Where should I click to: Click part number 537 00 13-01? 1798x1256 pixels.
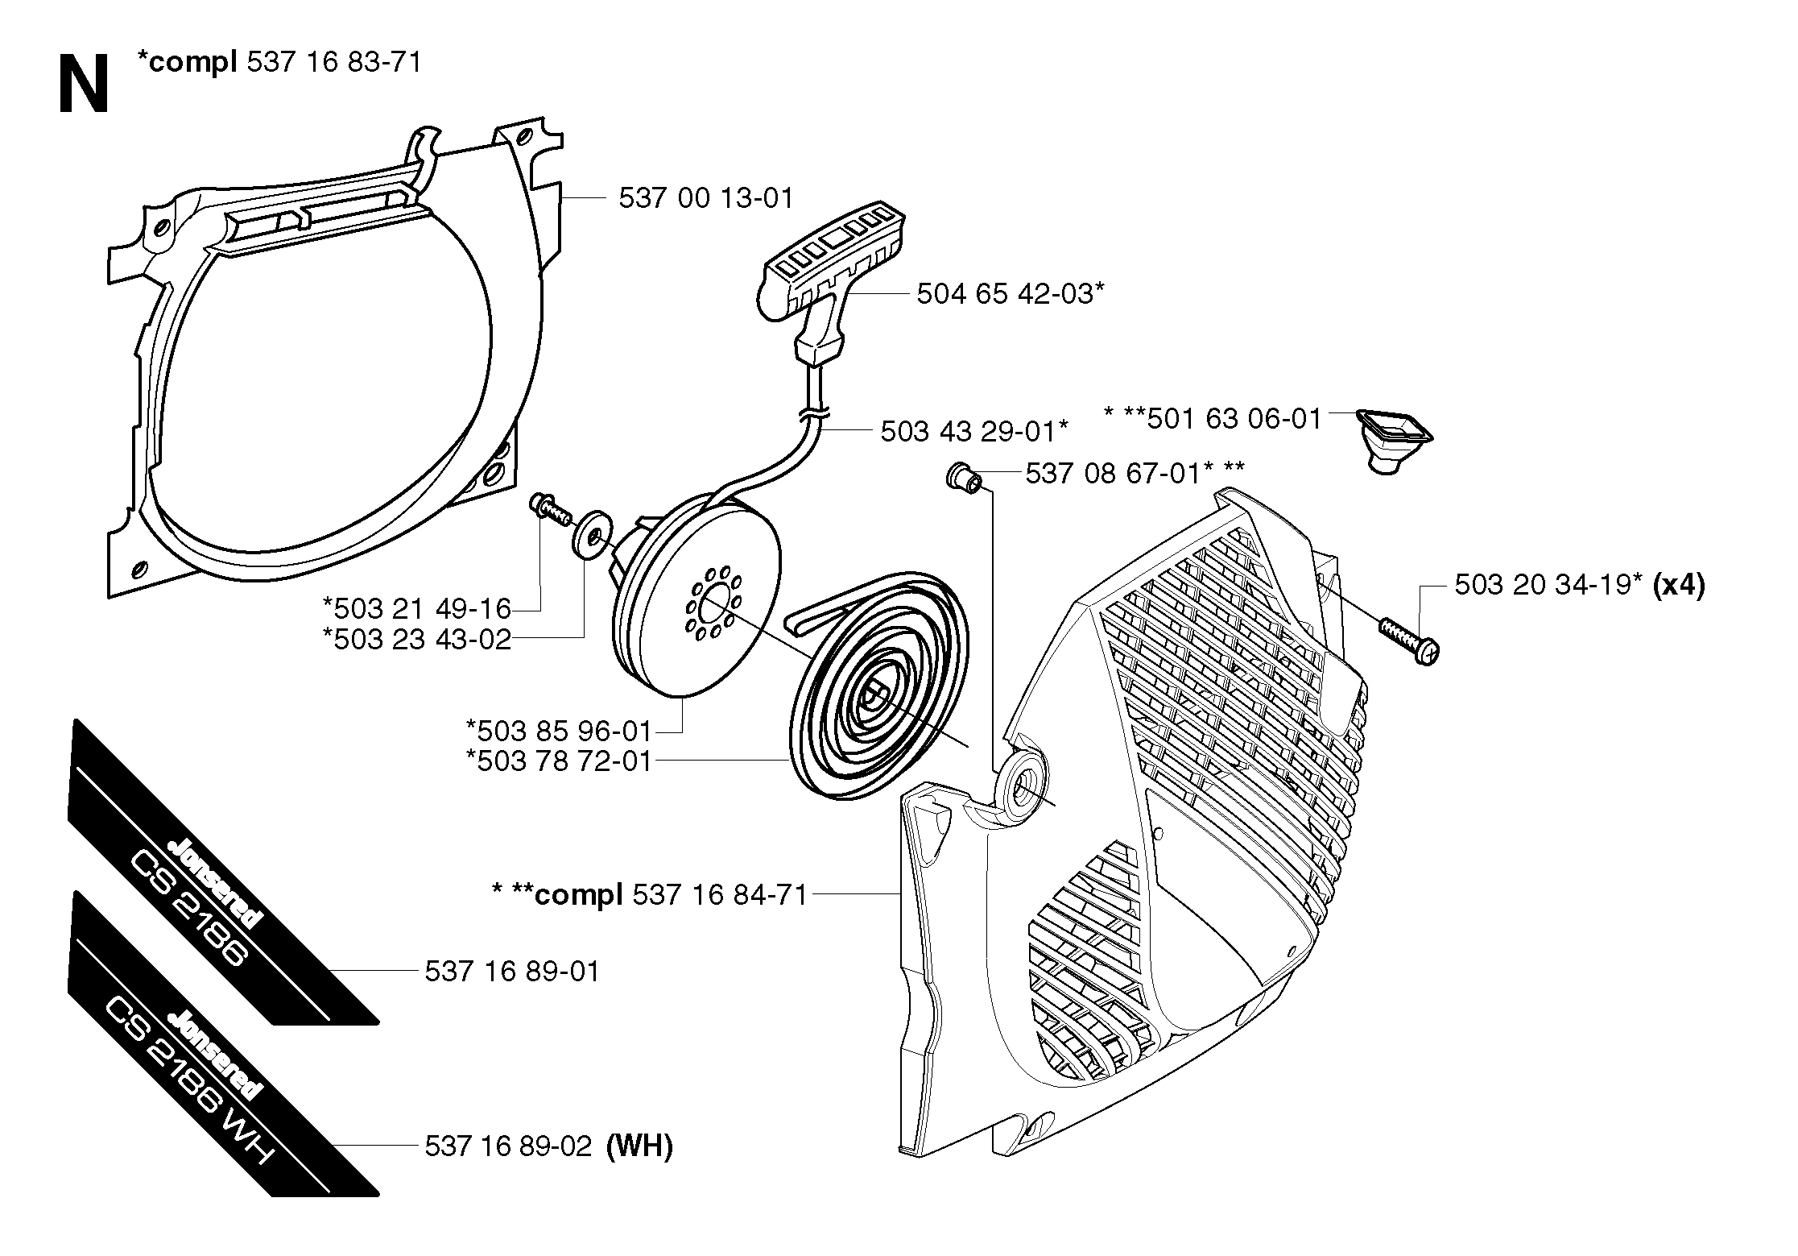[x=706, y=198]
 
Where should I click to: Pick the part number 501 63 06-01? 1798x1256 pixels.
[x=1234, y=419]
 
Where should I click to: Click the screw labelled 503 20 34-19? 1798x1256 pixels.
[x=1410, y=640]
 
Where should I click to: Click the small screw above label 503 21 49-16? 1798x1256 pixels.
[x=550, y=508]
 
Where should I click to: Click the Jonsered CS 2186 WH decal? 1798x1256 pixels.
[x=223, y=1043]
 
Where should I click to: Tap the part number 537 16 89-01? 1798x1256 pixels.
[x=512, y=972]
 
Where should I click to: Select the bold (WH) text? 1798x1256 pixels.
[x=639, y=1146]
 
